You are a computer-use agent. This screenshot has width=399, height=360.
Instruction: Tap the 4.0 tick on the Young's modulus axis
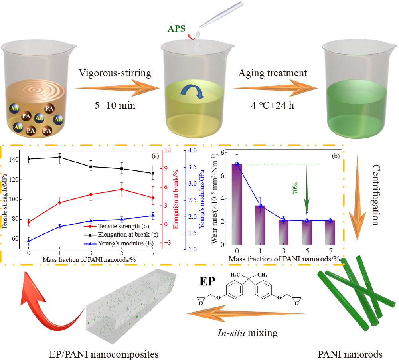pyautogui.click(x=192, y=151)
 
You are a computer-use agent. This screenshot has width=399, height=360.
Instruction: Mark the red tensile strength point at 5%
pyautogui.click(x=122, y=189)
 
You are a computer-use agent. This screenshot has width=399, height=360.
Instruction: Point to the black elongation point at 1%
pyautogui.click(x=60, y=157)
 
